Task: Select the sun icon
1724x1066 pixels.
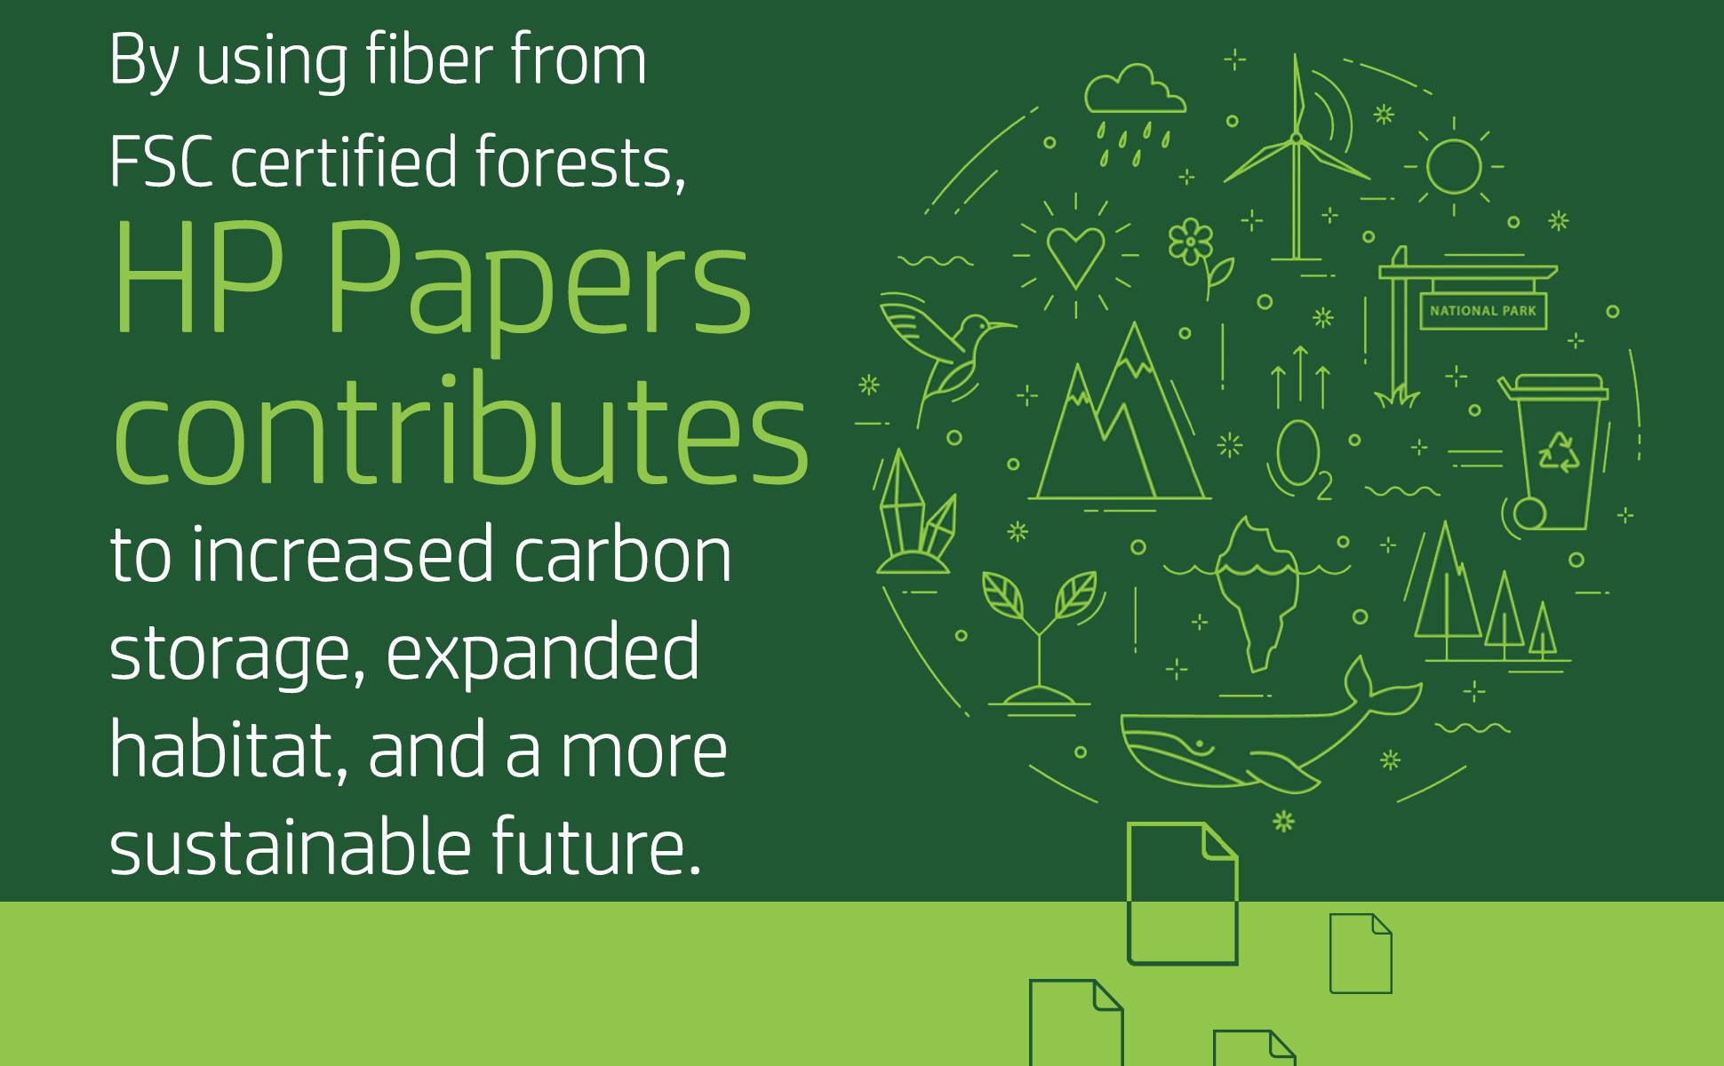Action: point(1454,166)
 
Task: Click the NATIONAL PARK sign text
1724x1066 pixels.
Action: point(1482,311)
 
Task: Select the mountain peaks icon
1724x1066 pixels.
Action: point(1120,418)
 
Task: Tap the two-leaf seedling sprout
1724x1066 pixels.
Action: point(1040,635)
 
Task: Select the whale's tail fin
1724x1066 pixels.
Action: point(1382,688)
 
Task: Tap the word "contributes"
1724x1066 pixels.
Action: point(460,431)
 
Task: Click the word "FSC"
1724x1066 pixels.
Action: point(161,162)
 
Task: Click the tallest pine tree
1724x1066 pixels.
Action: point(1447,586)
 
